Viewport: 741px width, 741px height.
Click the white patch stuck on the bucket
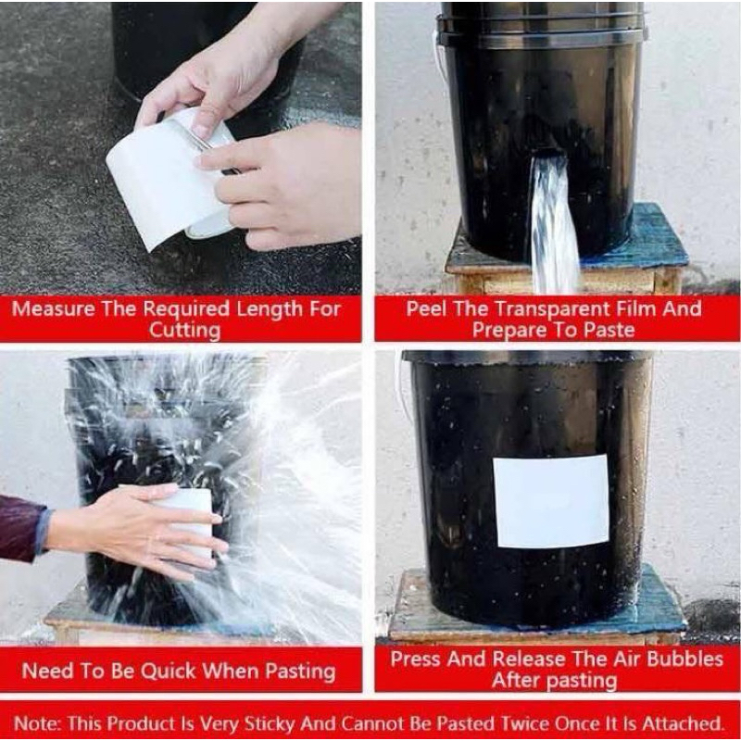[550, 501]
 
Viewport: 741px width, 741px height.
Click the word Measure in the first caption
[53, 308]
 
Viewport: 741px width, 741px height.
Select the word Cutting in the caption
[185, 330]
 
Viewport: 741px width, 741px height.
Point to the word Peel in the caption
[427, 308]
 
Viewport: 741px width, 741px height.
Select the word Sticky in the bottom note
[295, 721]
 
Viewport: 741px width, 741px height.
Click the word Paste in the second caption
[603, 330]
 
